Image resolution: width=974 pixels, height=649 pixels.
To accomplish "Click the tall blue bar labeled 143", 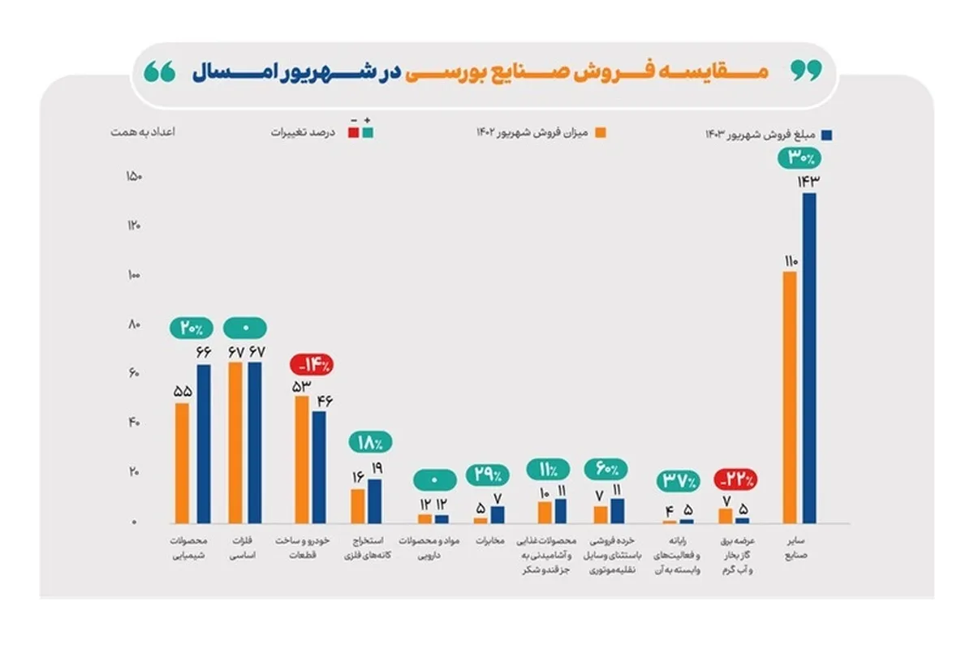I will [808, 357].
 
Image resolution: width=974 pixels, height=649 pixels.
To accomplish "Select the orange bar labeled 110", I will [790, 397].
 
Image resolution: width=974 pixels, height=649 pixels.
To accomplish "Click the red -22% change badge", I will [735, 479].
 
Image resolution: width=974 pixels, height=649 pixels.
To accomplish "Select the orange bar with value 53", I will [301, 459].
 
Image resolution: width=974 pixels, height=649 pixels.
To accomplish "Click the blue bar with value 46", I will [319, 466].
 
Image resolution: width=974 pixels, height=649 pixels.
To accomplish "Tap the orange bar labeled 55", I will [182, 463].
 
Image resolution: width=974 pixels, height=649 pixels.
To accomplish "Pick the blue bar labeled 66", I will [203, 444].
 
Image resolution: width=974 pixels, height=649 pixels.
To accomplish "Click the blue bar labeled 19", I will [374, 501].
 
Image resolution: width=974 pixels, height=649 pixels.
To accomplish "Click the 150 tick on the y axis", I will [132, 177].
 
